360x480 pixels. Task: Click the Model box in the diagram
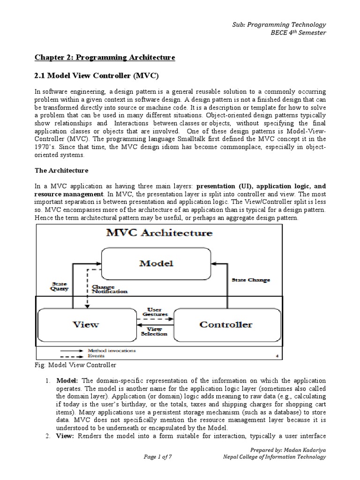point(156,263)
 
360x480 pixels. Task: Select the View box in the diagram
point(85,324)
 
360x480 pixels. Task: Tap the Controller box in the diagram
point(225,324)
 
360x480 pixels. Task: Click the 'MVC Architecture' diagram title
point(159,232)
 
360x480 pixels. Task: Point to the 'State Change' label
point(251,280)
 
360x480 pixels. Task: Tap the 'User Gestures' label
point(154,312)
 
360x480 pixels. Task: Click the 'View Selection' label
point(154,331)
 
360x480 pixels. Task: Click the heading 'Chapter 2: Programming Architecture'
point(105,57)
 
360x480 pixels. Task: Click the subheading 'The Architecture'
point(61,170)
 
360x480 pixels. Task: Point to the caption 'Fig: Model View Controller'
point(75,365)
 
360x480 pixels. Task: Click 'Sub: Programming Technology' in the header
point(286,24)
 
